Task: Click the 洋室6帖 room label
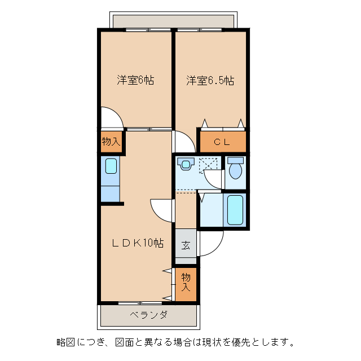click(135, 80)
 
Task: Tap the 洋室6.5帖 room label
click(210, 81)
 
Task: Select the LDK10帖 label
click(137, 243)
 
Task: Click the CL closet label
click(222, 142)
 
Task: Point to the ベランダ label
click(148, 315)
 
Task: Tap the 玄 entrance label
click(186, 245)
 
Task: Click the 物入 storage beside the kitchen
click(111, 141)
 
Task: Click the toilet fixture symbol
click(235, 168)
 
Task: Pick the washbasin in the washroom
click(185, 164)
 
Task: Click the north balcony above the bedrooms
click(173, 21)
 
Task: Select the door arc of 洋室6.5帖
click(184, 142)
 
